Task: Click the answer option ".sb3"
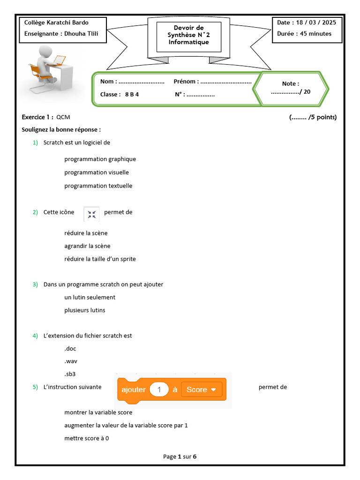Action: click(70, 374)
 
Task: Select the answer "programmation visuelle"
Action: click(97, 172)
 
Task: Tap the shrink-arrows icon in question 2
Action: click(91, 213)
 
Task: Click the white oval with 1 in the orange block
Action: click(159, 390)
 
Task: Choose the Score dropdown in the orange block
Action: click(201, 390)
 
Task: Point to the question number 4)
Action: click(35, 336)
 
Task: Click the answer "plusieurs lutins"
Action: click(85, 310)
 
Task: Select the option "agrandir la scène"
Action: click(87, 246)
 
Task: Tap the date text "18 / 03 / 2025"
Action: click(316, 22)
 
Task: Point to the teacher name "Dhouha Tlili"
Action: click(82, 34)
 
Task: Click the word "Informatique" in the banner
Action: click(188, 42)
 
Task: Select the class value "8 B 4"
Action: click(132, 94)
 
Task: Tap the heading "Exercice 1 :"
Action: click(37, 117)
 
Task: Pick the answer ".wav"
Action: click(70, 361)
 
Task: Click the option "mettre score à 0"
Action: click(87, 438)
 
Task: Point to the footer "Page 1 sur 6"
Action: click(180, 457)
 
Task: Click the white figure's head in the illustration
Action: click(46, 51)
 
